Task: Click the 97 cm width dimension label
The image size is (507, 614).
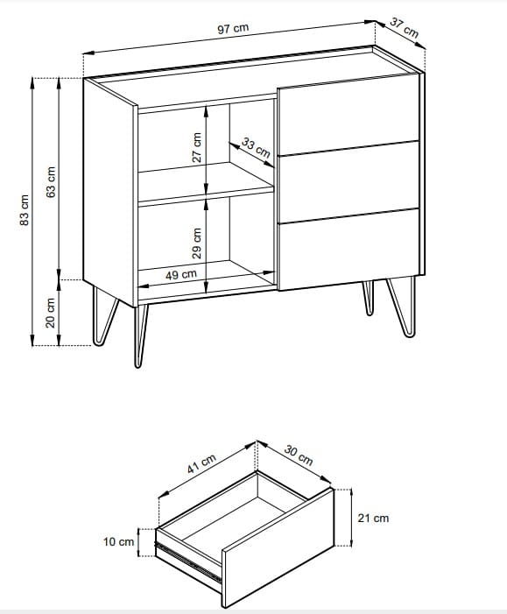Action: click(x=233, y=29)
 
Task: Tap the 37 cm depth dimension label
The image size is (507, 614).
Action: click(x=405, y=28)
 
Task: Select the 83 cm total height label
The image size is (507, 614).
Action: click(x=25, y=210)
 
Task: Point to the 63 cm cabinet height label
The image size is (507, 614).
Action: click(x=51, y=182)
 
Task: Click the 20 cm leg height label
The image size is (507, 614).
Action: click(x=51, y=313)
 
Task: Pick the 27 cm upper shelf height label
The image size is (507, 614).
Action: click(x=197, y=147)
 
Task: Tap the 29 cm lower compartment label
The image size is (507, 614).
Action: click(x=197, y=243)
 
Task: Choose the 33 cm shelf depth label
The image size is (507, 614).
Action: click(x=256, y=148)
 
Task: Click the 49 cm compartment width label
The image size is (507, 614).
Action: click(x=181, y=274)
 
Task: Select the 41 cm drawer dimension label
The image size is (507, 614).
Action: click(x=201, y=463)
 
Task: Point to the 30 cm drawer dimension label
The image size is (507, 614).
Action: click(x=299, y=455)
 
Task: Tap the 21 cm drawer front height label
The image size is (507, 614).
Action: click(x=373, y=518)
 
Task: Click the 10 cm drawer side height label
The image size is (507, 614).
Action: click(x=118, y=542)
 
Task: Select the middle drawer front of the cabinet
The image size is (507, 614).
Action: click(x=349, y=182)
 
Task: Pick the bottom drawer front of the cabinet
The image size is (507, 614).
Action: click(x=349, y=250)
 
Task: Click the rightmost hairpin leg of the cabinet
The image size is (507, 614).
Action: click(x=401, y=307)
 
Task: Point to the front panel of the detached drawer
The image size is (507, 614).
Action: click(x=278, y=548)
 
